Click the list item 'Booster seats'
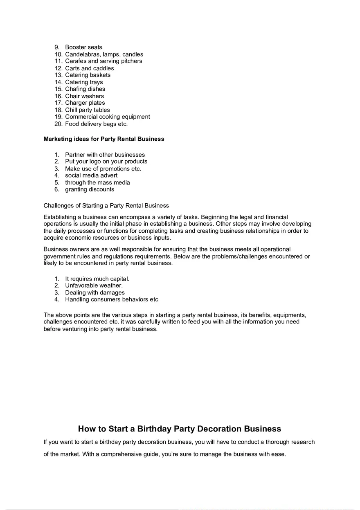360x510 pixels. [x=83, y=47]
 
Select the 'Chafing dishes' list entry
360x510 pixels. [x=85, y=89]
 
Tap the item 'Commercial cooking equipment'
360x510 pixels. [x=107, y=117]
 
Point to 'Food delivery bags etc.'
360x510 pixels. [x=96, y=124]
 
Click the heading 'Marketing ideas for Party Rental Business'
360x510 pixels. [x=104, y=139]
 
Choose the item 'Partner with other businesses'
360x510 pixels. [x=105, y=155]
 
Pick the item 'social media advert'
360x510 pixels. [x=91, y=175]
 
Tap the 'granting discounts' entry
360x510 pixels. [x=90, y=189]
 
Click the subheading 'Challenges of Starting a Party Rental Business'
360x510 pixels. [x=106, y=205]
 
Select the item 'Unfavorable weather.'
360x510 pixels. [x=94, y=285]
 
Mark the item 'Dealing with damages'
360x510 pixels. [x=95, y=292]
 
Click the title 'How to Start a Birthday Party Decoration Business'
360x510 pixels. [x=180, y=429]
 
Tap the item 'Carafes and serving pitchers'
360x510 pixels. [x=103, y=61]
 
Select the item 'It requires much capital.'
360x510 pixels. [x=97, y=279]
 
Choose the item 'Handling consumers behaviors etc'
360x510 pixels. [x=111, y=299]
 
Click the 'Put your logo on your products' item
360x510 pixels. [x=106, y=162]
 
